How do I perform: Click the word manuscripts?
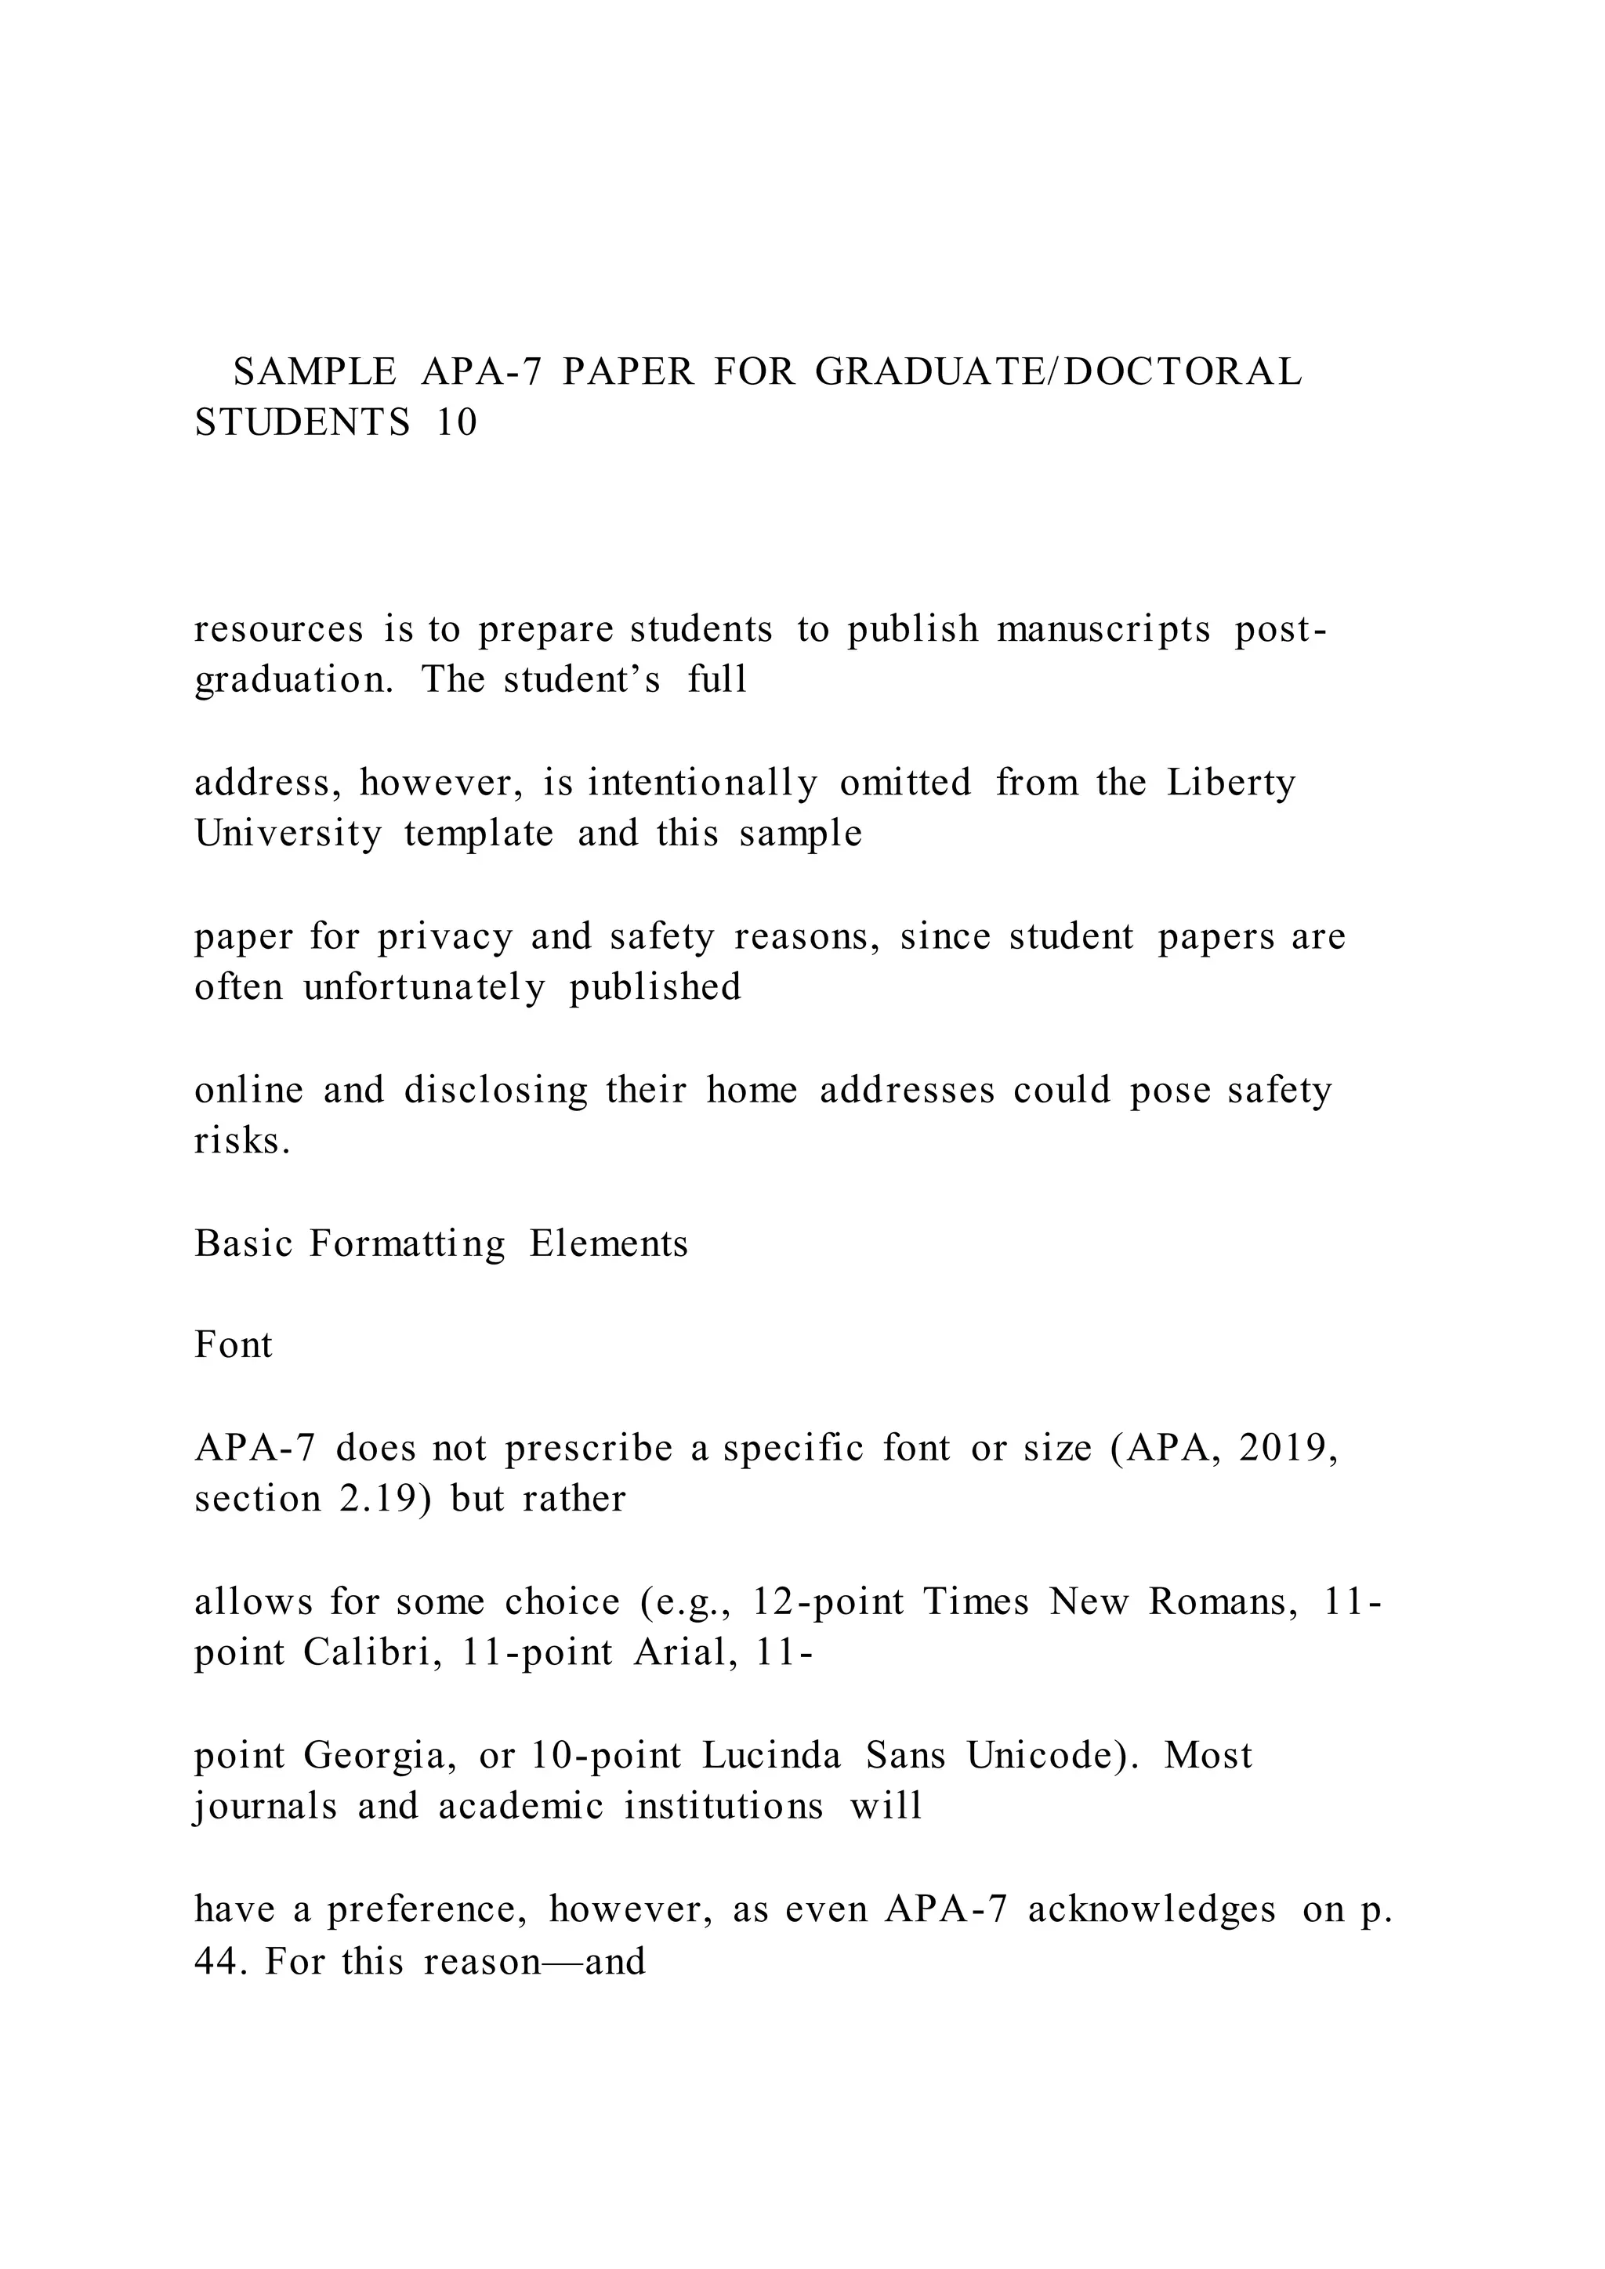(1103, 629)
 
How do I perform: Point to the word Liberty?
(1230, 783)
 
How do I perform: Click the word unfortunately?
(424, 987)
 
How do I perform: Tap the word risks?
(242, 1142)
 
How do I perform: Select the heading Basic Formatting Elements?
(440, 1243)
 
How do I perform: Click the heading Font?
(234, 1345)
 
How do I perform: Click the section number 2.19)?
(386, 1499)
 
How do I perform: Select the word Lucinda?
(772, 1756)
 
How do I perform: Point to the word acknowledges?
(1151, 1910)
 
